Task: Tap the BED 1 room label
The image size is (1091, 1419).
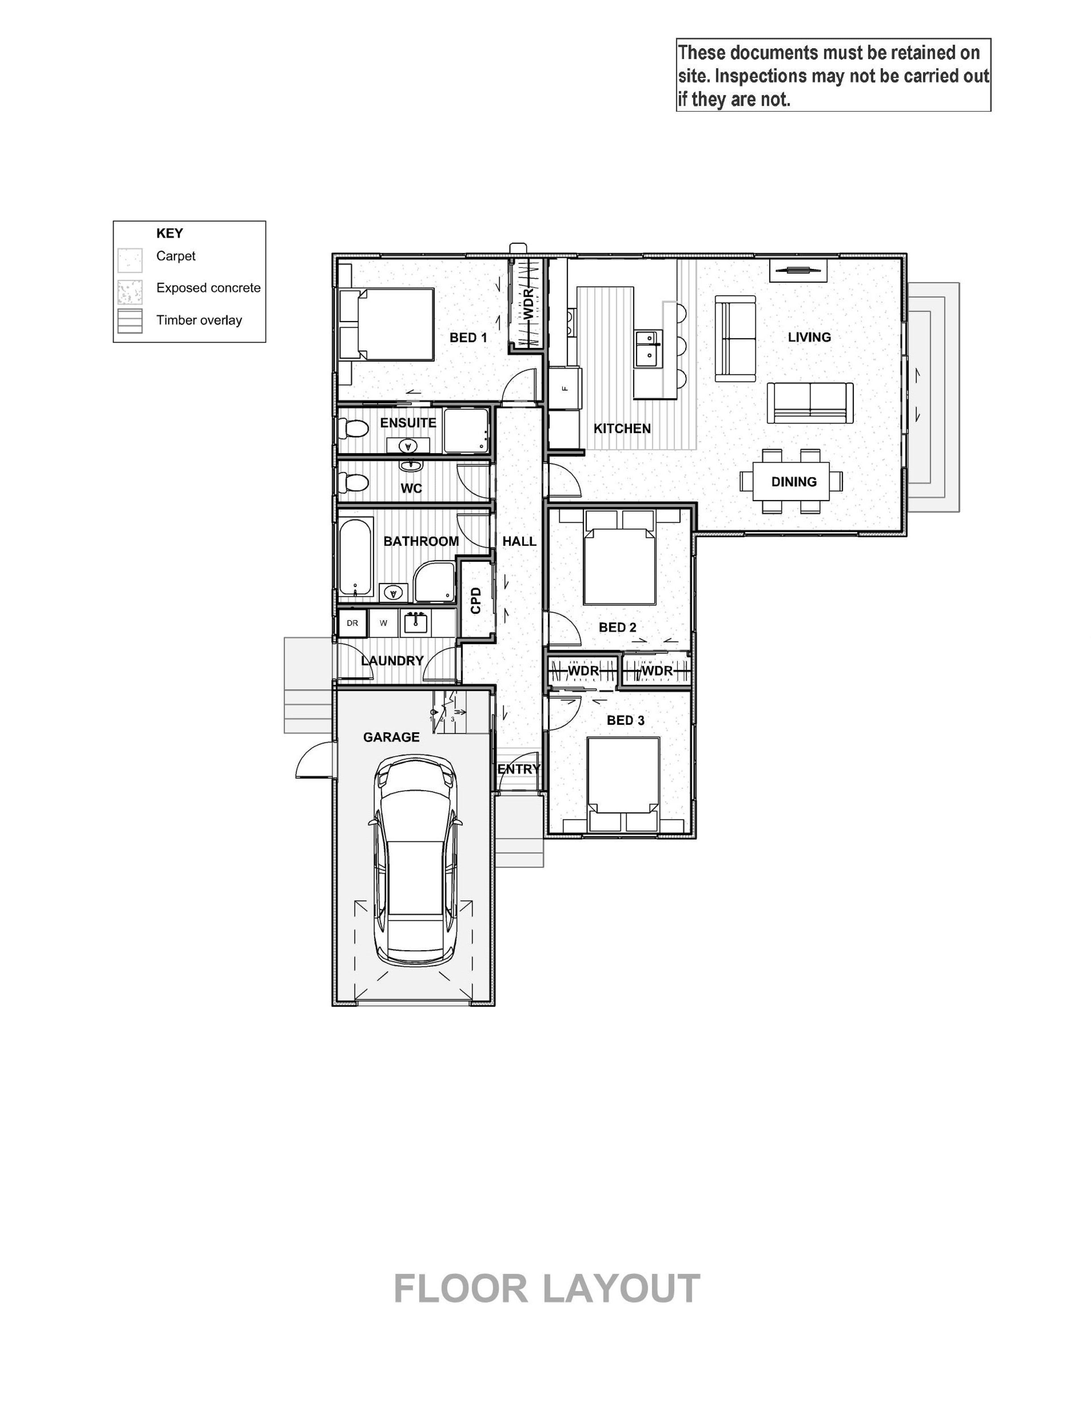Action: pyautogui.click(x=468, y=338)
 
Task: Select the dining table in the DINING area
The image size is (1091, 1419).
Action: pyautogui.click(x=791, y=481)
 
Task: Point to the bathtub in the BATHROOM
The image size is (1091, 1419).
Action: pyautogui.click(x=356, y=557)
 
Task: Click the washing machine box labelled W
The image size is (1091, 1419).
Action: pyautogui.click(x=384, y=623)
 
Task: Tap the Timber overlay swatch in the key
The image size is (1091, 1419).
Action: pyautogui.click(x=130, y=321)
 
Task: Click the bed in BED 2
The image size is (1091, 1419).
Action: pyautogui.click(x=620, y=557)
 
